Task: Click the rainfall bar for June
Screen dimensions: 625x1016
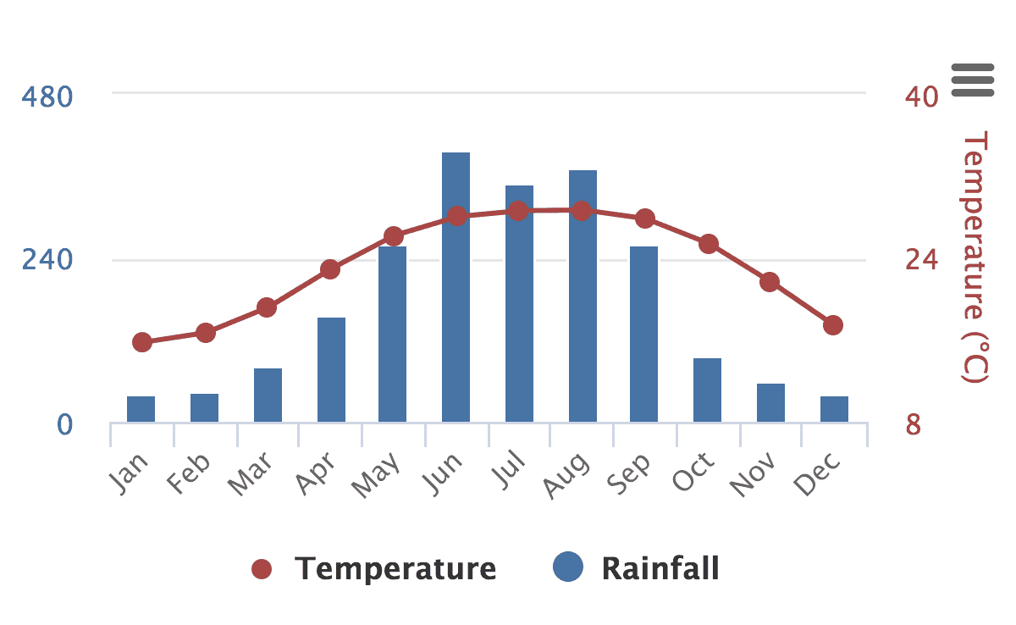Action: (x=456, y=287)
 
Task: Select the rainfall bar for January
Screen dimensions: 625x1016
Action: (x=141, y=409)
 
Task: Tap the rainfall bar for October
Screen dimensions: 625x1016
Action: (x=707, y=390)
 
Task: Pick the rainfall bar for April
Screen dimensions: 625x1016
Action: (x=331, y=369)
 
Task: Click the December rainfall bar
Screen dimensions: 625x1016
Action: (x=834, y=409)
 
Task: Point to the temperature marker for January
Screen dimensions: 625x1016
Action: (x=142, y=342)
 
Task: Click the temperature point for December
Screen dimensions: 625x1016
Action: (x=833, y=325)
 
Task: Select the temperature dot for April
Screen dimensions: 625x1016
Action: (x=330, y=269)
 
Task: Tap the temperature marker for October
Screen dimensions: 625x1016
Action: (x=709, y=244)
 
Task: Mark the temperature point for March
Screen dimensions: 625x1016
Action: (x=267, y=307)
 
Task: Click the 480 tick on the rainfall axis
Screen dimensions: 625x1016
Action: (x=47, y=96)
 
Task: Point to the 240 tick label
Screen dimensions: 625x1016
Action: (x=47, y=259)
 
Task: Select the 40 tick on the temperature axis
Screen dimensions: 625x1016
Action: (x=921, y=97)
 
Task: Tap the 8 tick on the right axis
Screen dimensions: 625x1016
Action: (x=913, y=423)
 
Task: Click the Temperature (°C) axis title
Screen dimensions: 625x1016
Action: (x=976, y=257)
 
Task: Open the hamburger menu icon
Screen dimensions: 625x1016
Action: (x=972, y=80)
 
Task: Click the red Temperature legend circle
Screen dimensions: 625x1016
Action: (x=262, y=569)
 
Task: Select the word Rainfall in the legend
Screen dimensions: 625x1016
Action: (x=660, y=567)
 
